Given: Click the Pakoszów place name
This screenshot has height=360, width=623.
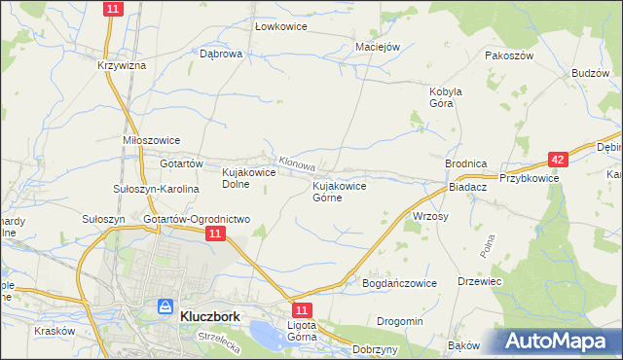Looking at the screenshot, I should click(510, 55).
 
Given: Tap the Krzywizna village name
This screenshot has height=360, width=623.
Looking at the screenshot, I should click(121, 65).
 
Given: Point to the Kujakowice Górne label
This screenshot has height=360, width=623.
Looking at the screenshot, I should click(339, 191).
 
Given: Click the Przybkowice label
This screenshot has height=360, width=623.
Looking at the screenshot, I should click(529, 178).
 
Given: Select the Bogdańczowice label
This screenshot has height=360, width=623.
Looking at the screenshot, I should click(399, 283).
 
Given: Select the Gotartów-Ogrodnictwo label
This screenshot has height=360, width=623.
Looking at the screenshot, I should click(197, 220).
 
